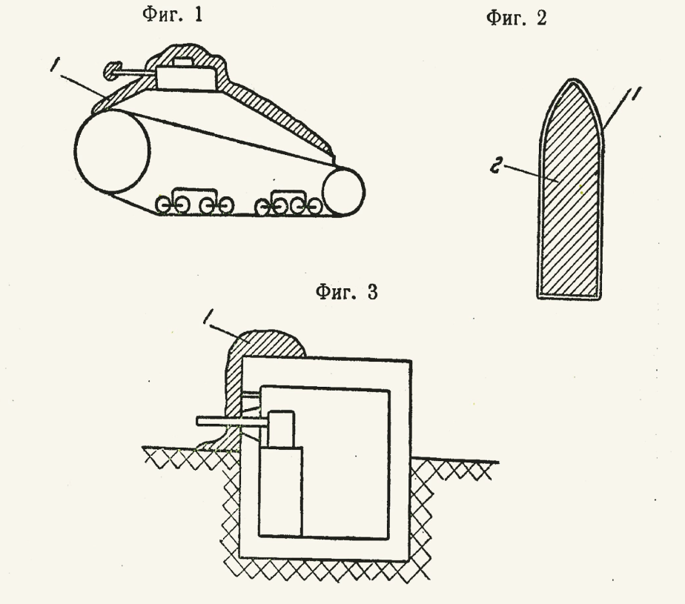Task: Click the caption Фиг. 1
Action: (173, 14)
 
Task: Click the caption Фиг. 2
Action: (517, 19)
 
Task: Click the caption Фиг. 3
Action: (346, 292)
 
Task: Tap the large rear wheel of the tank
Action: (112, 151)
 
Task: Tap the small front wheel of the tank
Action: (343, 191)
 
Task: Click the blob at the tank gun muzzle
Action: (112, 70)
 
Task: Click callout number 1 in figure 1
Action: (55, 64)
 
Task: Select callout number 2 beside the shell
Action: (496, 167)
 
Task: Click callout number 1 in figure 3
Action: (208, 316)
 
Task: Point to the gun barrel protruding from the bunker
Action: (232, 422)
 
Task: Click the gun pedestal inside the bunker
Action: (280, 491)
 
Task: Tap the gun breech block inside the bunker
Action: (281, 429)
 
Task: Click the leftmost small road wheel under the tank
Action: (163, 205)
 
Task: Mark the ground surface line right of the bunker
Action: (454, 460)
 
